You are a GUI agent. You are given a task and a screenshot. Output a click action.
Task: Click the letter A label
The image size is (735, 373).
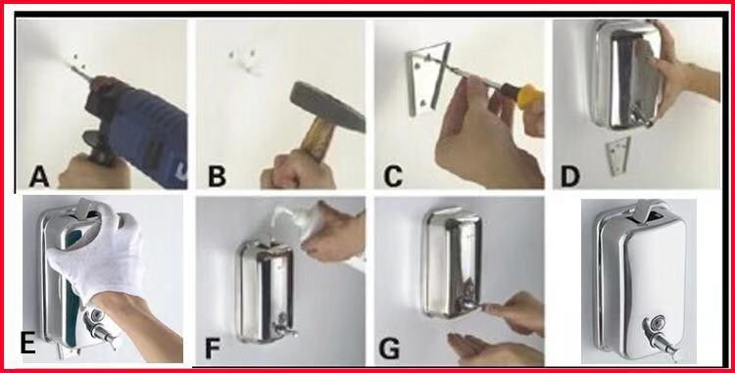point(39,177)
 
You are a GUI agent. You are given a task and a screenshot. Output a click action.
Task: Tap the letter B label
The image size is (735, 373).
point(217,177)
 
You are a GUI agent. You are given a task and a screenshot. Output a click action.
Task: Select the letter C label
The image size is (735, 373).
point(393,177)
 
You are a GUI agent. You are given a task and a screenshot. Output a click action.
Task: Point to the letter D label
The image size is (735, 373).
point(570,177)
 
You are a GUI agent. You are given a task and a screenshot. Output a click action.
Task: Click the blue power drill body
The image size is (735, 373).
point(140,131)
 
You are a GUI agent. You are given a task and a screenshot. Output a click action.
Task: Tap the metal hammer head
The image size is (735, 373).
point(326,107)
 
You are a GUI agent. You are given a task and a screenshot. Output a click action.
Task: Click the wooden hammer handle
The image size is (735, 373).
point(315,139)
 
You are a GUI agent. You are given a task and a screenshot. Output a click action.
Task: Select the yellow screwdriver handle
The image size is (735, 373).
point(529,97)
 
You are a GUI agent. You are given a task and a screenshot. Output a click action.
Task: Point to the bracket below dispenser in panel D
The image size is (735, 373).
point(616,156)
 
